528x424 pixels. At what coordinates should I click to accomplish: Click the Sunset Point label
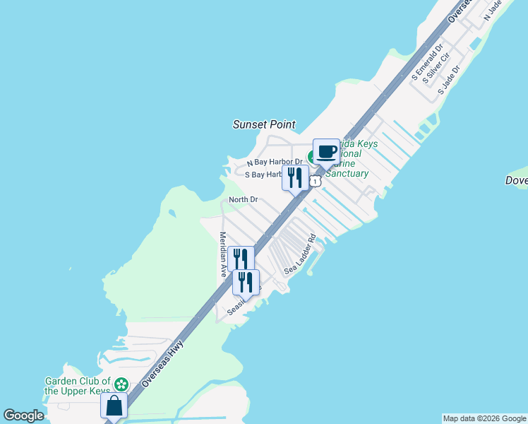click(x=264, y=124)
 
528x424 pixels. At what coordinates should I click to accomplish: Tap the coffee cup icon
click(x=326, y=152)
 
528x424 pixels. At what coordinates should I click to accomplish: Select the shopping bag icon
click(x=114, y=407)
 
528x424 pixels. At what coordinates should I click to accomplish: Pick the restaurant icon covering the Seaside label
click(x=246, y=282)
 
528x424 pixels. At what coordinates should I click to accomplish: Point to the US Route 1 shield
click(x=315, y=182)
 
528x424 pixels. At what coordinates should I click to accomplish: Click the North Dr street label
click(x=244, y=200)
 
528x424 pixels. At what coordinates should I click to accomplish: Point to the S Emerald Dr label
click(x=426, y=61)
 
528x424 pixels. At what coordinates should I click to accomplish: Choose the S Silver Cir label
click(x=437, y=69)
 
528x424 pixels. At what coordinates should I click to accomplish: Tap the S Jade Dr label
click(x=449, y=80)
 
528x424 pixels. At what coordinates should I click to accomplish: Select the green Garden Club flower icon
click(x=121, y=384)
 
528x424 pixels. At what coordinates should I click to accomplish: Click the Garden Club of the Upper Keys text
click(x=78, y=386)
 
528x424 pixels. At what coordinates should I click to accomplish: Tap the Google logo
click(x=23, y=416)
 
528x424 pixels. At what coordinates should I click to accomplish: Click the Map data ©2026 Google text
click(x=485, y=418)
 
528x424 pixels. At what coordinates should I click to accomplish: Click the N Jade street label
click(x=493, y=11)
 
